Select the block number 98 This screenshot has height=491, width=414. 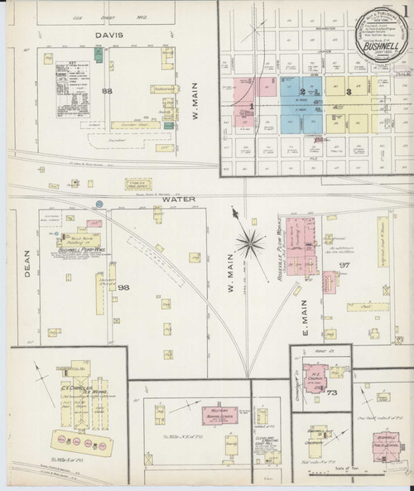point(124,287)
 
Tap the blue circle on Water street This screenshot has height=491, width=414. point(99,203)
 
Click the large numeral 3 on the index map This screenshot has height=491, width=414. point(349,92)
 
